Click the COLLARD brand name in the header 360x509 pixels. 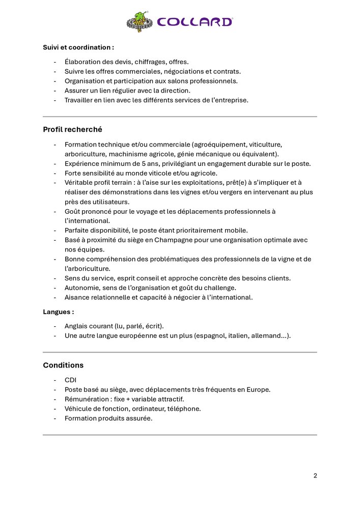coord(195,22)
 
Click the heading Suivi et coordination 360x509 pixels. coord(78,47)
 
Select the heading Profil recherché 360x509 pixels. coord(72,130)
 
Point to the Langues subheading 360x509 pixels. coord(58,312)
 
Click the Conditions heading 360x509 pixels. coord(63,365)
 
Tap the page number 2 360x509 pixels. coord(315,476)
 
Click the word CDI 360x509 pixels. coord(70,380)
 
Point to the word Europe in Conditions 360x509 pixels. coord(259,389)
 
